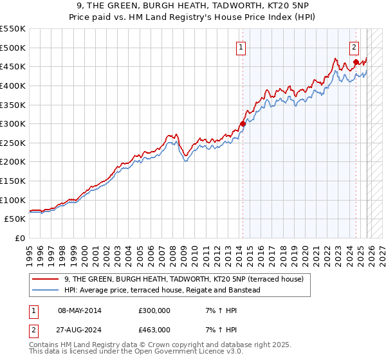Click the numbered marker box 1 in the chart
(x=240, y=47)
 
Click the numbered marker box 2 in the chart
(x=354, y=47)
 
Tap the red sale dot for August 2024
(x=356, y=62)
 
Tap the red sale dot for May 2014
(x=243, y=123)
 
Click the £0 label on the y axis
(x=19, y=238)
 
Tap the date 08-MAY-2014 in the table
(x=79, y=310)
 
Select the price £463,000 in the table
(x=154, y=330)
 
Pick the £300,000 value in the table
(x=154, y=310)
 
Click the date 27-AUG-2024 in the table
(x=79, y=330)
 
